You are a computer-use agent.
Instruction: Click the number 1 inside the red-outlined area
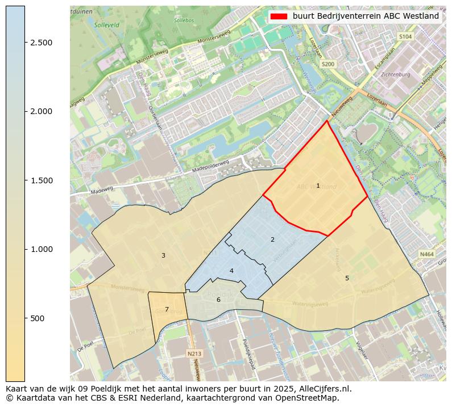coord(318,186)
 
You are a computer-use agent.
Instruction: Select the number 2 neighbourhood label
coord(272,239)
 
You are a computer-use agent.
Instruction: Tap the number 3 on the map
coord(163,255)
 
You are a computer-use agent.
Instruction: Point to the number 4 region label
coord(231,271)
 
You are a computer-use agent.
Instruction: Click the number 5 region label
coord(347,277)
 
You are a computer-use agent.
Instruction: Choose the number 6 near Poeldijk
coord(218,300)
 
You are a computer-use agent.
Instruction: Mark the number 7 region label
coord(167,309)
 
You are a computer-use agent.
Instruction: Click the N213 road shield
coord(194,354)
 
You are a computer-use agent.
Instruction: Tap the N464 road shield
coord(426,255)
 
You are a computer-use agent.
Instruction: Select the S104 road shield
coord(405,36)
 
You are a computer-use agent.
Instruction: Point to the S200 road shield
coord(328,65)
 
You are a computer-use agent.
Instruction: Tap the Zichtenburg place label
coord(396,74)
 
